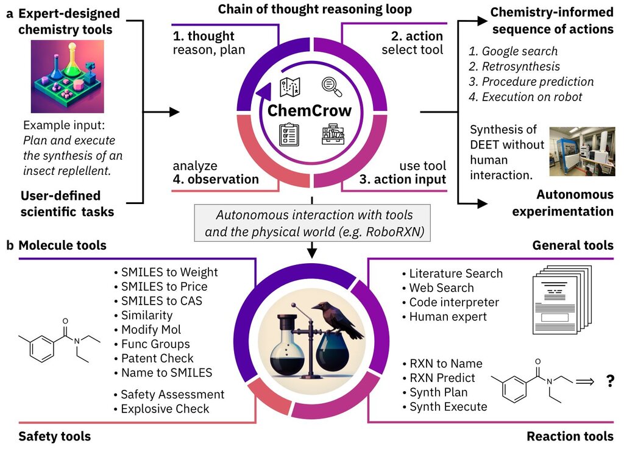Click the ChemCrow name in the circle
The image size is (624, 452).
[x=309, y=111]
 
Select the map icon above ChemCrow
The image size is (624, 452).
[x=289, y=87]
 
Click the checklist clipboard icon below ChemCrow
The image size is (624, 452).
[x=289, y=135]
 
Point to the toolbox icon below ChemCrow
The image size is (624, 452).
[x=333, y=135]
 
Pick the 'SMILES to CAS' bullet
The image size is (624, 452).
[x=158, y=301]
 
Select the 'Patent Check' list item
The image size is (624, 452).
[x=154, y=358]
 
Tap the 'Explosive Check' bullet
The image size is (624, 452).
[x=161, y=409]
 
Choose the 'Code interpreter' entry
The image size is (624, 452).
[x=450, y=302]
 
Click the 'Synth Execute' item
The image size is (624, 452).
[x=445, y=407]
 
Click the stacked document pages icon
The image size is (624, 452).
[x=562, y=300]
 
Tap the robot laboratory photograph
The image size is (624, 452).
[x=582, y=152]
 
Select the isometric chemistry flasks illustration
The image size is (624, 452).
[x=67, y=76]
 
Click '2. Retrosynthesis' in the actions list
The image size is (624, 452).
[x=514, y=66]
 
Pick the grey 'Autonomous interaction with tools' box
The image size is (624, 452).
[x=312, y=223]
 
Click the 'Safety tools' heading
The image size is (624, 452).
[x=54, y=437]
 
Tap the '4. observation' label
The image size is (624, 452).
[x=216, y=180]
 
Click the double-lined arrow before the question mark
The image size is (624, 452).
[x=584, y=381]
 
